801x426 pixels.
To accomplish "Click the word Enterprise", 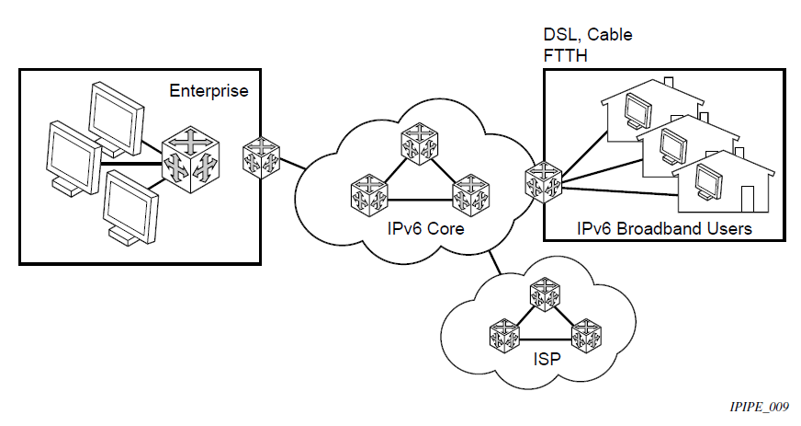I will (x=209, y=91).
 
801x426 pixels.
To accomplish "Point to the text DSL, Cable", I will (x=588, y=35).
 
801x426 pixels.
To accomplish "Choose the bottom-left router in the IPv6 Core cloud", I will (x=368, y=195).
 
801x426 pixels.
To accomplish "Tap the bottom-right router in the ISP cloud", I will (x=585, y=338).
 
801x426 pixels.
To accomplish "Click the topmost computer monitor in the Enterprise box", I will (x=117, y=115).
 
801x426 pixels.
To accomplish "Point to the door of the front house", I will (x=746, y=200).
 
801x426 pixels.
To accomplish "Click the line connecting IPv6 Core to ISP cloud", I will (x=497, y=261).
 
